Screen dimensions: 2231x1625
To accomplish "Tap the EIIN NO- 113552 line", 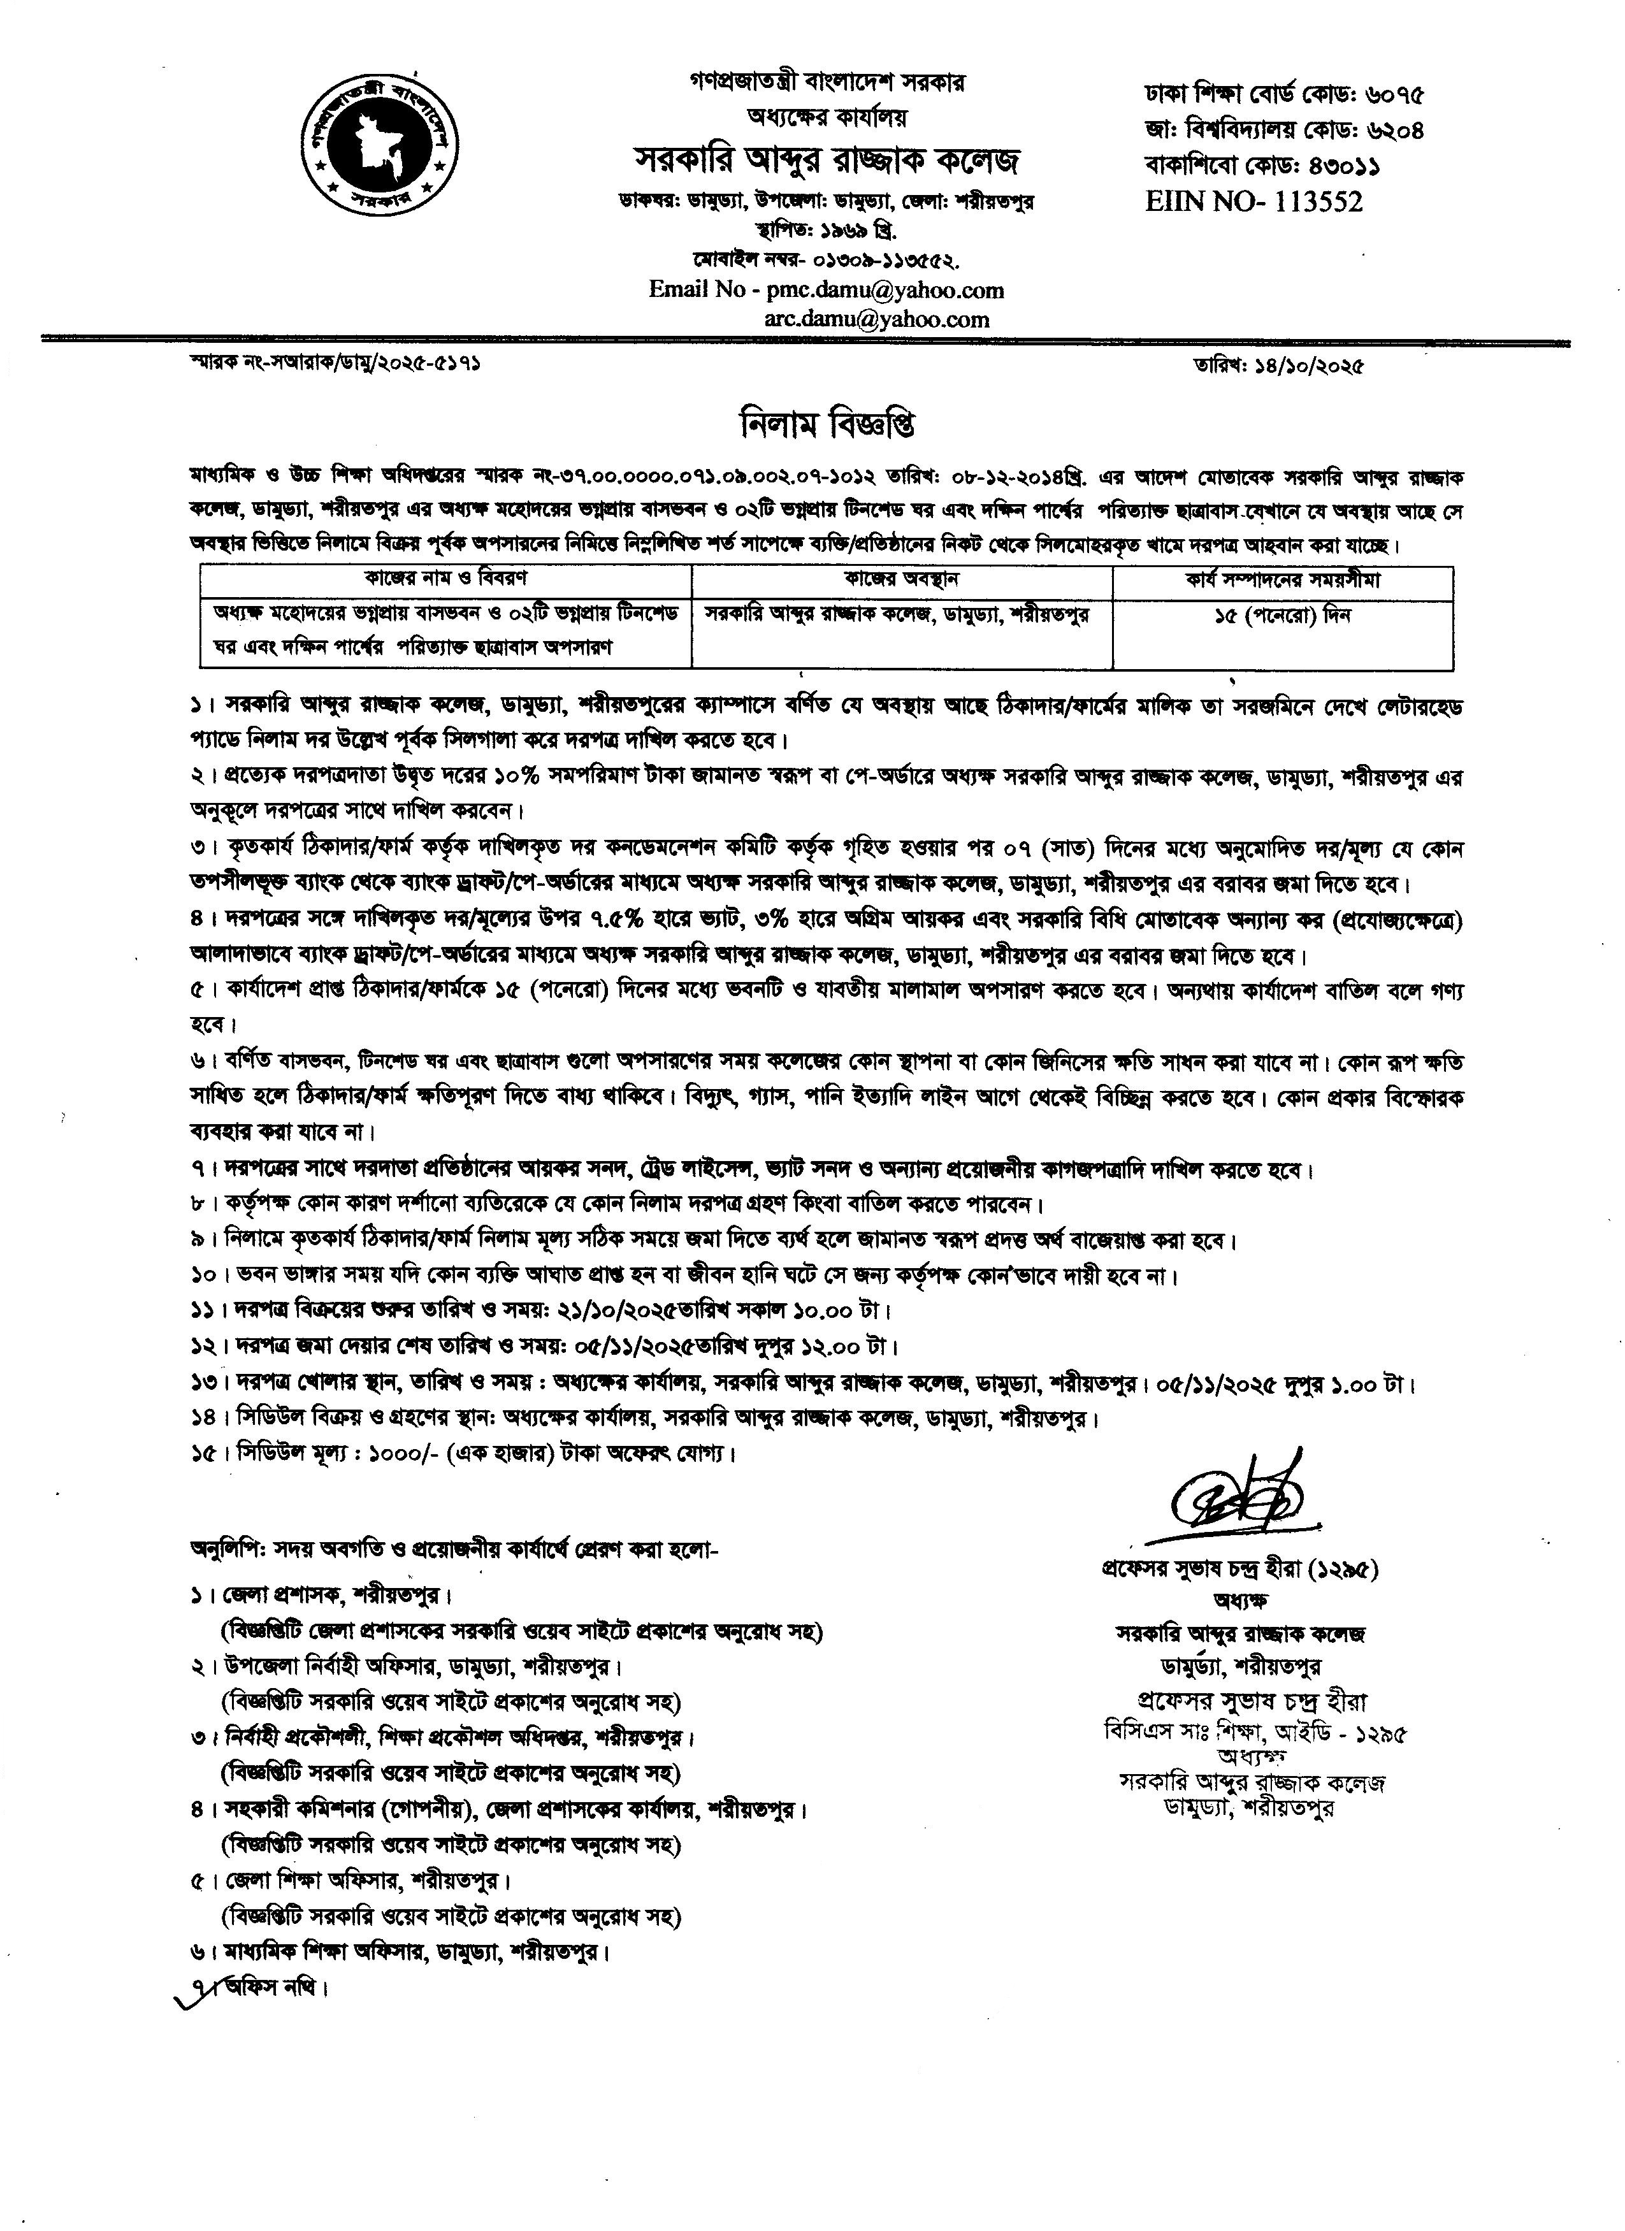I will [x=1254, y=201].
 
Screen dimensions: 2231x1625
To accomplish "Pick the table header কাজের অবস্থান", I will [x=901, y=579].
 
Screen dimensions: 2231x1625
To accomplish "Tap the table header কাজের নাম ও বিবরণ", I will [x=447, y=579].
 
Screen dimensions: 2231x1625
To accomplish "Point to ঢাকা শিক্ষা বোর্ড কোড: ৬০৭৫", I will [x=1283, y=96].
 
